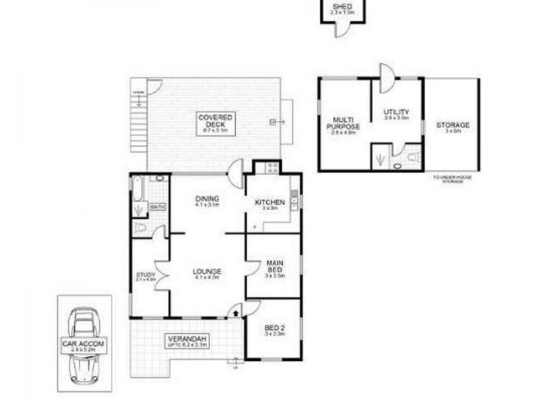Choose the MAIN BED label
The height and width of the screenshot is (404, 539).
(x=274, y=267)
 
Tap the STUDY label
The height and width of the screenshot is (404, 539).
(x=146, y=276)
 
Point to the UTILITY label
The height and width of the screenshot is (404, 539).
(x=396, y=114)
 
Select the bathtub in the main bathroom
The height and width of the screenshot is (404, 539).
(x=137, y=190)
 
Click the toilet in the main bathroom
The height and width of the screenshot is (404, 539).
(x=140, y=228)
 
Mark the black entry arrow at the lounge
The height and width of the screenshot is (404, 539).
(x=235, y=311)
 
